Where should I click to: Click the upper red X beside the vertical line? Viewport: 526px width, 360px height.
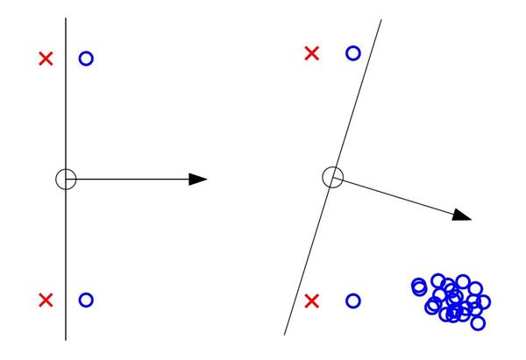(x=46, y=59)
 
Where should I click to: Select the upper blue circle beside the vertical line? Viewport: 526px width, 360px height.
(x=86, y=59)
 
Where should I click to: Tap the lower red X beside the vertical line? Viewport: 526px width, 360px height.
(x=46, y=300)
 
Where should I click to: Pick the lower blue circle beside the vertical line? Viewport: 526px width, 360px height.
(x=86, y=300)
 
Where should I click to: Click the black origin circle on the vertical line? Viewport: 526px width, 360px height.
(x=66, y=180)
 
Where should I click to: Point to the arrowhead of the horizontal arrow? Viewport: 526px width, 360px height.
(x=199, y=180)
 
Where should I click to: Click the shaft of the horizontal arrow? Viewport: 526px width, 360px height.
(x=131, y=180)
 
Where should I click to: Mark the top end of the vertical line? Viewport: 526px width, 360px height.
(x=66, y=18)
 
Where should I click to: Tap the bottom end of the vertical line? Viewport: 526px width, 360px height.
(x=66, y=339)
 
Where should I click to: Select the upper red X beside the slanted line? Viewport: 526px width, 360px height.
(x=311, y=53)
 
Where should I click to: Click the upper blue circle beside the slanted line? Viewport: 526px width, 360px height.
(x=352, y=53)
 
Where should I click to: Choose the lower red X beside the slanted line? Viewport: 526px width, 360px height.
(x=311, y=301)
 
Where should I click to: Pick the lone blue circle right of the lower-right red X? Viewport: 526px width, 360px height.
(x=352, y=301)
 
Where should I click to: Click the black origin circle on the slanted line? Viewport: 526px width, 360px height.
(x=332, y=178)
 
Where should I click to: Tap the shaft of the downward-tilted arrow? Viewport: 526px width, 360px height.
(x=399, y=197)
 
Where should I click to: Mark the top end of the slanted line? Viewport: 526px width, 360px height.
(x=381, y=19)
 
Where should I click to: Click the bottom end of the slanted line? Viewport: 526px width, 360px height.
(x=285, y=335)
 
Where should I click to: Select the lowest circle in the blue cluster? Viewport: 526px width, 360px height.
(x=478, y=323)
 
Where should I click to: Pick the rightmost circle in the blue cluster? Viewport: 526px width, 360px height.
(x=484, y=302)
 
